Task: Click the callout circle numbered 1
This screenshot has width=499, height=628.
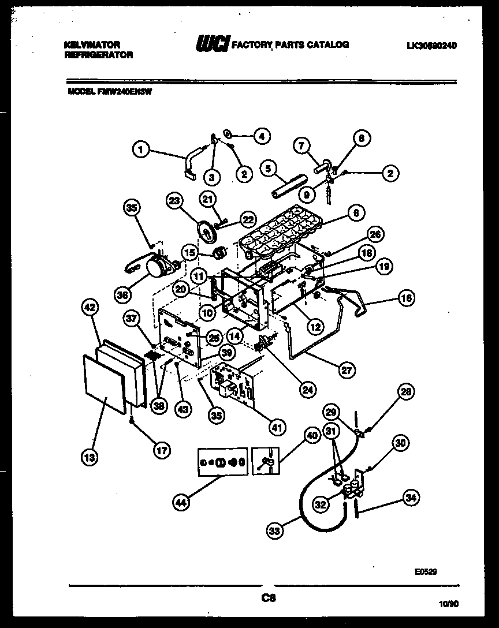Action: point(140,150)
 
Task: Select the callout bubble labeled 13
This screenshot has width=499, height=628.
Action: point(90,457)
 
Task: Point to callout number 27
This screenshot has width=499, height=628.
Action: point(347,371)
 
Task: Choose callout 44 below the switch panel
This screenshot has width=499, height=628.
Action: point(181,503)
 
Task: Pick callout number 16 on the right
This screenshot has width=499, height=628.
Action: point(407,298)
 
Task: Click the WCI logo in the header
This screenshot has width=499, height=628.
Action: point(212,44)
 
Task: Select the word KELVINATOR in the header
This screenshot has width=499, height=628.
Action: point(92,44)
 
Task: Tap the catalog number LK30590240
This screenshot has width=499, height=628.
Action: point(431,46)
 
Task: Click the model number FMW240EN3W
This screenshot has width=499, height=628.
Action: point(110,89)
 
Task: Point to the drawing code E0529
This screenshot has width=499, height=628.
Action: point(426,572)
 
